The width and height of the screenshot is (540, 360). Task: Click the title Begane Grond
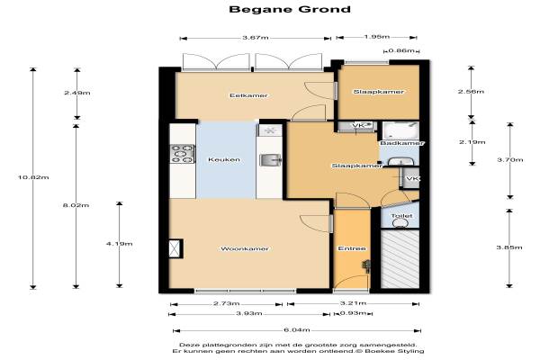(x=290, y=9)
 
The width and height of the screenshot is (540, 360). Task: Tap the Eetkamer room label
(x=248, y=95)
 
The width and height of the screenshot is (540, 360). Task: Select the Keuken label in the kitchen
(x=224, y=159)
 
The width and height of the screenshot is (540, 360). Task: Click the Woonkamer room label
(x=245, y=248)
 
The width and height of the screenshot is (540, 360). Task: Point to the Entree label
(x=352, y=248)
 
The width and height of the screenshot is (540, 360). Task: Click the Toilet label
(x=401, y=216)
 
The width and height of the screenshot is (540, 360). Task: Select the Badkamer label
(x=401, y=143)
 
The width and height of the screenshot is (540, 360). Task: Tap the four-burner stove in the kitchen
(x=183, y=154)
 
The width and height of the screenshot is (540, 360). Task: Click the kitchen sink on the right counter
(x=270, y=160)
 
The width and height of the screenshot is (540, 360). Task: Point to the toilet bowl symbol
(x=400, y=223)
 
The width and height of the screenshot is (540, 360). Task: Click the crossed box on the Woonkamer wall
(x=175, y=248)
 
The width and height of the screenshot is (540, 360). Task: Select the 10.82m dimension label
(x=33, y=177)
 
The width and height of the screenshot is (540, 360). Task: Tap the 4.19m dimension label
(x=119, y=244)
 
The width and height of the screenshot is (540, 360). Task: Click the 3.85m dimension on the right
(x=509, y=247)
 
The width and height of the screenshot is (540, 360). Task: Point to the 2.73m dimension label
(x=226, y=303)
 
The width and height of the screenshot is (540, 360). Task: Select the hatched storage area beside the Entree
(x=400, y=258)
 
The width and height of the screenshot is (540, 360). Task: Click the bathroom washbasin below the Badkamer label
(x=400, y=162)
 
